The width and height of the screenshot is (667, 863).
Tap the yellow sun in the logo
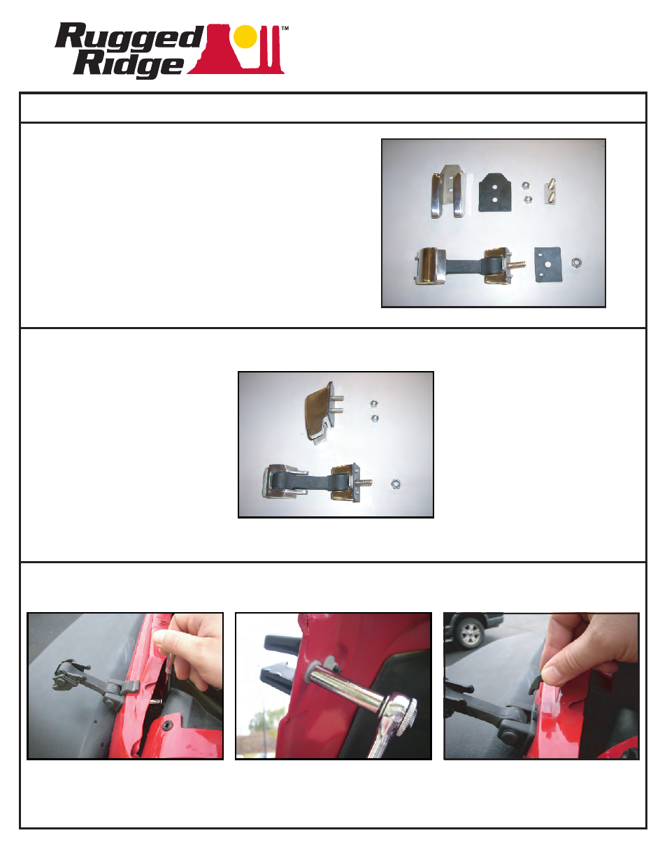tap(245, 36)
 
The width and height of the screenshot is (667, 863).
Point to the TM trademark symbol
tap(285, 29)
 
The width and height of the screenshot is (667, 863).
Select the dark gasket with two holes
tap(496, 192)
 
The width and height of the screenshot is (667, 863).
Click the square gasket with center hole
tap(549, 264)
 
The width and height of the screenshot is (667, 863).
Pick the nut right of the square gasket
tap(577, 263)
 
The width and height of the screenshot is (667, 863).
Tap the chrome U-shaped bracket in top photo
tap(448, 193)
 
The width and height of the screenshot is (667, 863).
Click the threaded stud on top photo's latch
tap(519, 266)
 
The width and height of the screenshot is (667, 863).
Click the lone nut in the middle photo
tap(396, 484)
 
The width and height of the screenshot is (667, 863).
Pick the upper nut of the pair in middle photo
tap(373, 404)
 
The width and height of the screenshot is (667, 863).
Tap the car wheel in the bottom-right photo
tap(471, 634)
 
